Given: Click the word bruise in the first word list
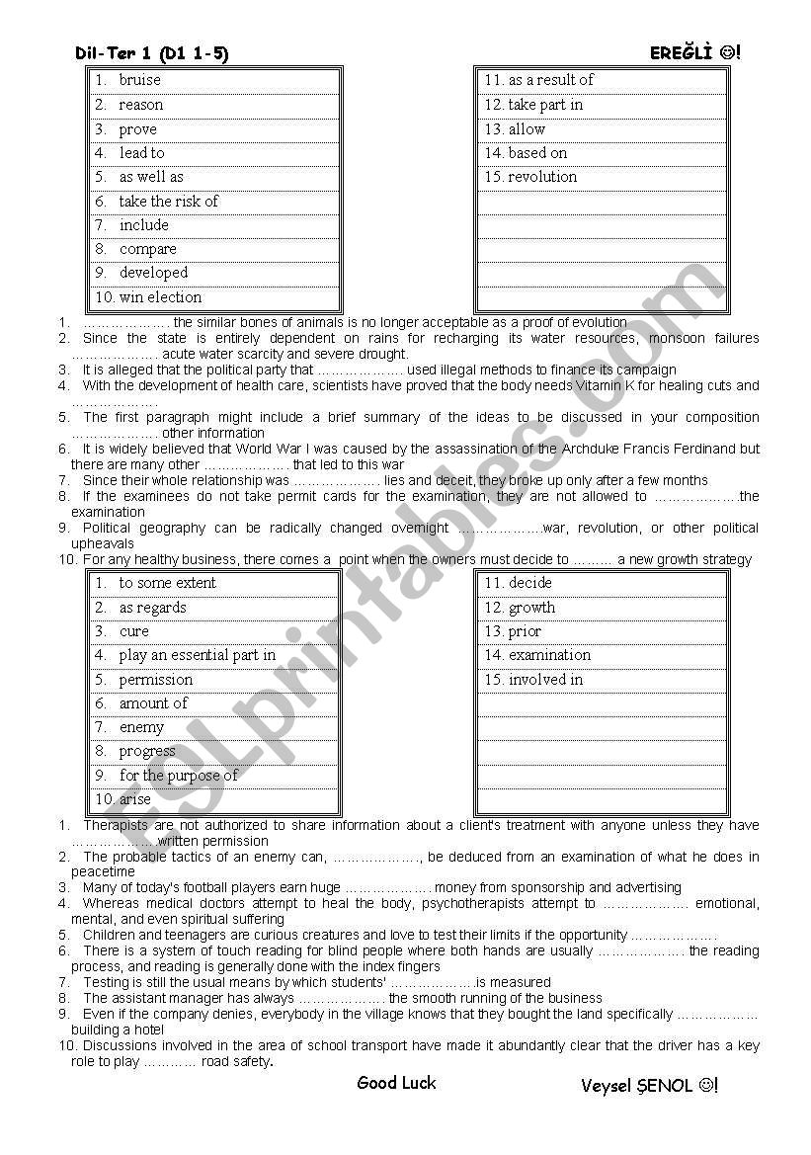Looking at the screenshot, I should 139,80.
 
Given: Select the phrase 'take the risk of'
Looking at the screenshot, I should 168,202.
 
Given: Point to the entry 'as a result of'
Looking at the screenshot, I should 550,80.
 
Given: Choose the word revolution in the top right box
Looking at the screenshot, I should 542,177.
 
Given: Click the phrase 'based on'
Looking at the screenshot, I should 537,153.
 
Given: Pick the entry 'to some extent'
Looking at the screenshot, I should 167,583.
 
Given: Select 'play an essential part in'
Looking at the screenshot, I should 198,655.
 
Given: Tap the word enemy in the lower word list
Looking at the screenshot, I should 141,727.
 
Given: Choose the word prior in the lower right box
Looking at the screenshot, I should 525,631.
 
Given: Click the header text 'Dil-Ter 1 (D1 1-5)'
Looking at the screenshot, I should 151,54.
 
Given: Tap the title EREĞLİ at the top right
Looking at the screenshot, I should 681,53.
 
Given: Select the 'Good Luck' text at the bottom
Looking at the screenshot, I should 396,1083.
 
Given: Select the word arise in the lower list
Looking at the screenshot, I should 135,799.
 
